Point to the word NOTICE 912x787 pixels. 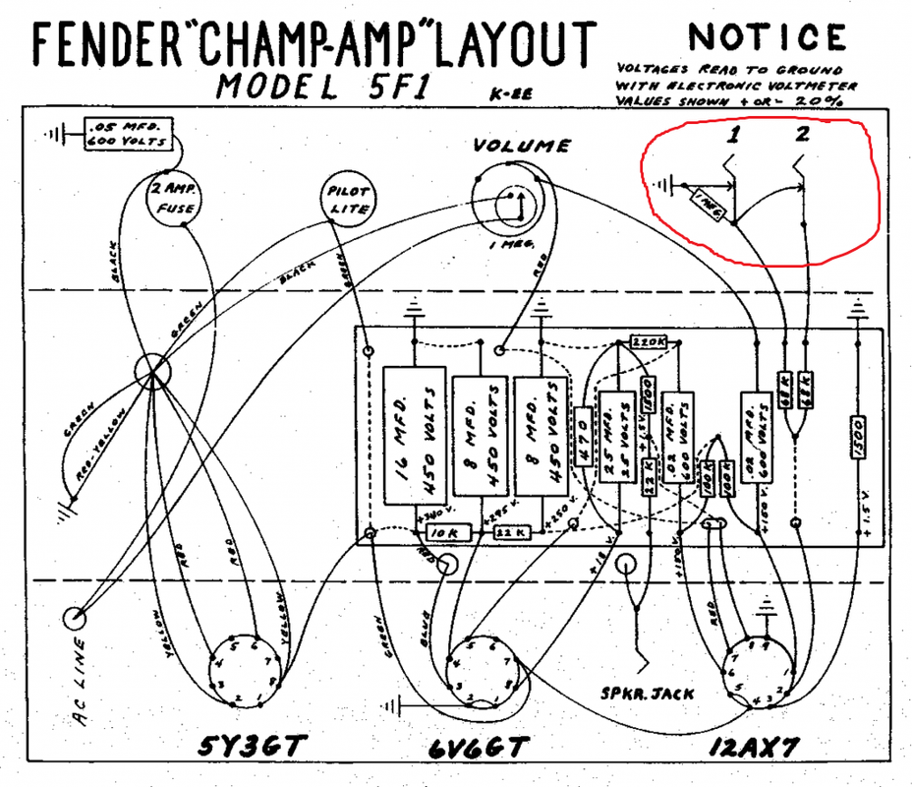(x=768, y=36)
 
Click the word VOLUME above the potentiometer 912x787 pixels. (x=521, y=147)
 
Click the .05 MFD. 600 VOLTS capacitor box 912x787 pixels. (x=129, y=135)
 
